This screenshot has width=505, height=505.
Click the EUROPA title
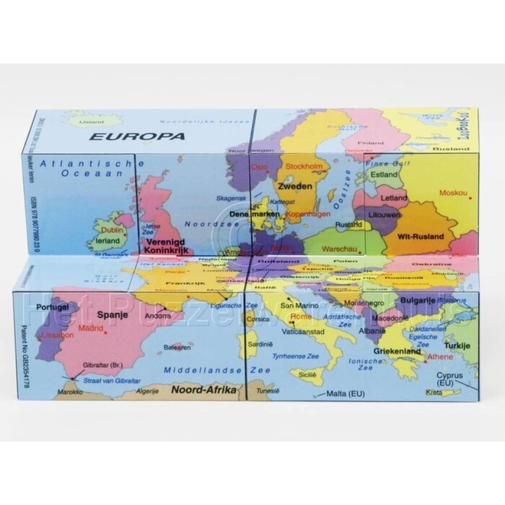coord(134,136)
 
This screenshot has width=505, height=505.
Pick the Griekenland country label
coord(397,351)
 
